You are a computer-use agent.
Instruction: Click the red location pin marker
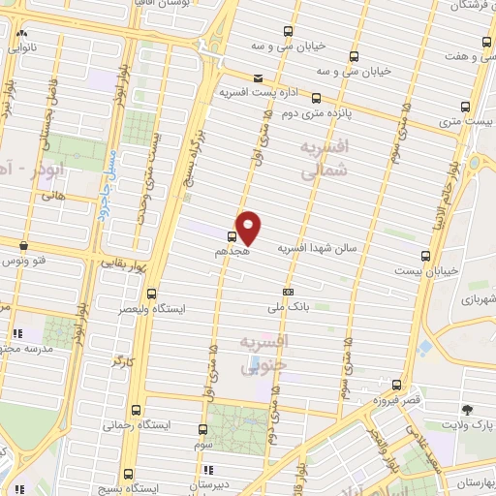click(x=249, y=227)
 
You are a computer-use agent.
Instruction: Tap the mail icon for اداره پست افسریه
click(x=257, y=78)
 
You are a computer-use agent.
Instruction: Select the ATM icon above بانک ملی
click(x=288, y=292)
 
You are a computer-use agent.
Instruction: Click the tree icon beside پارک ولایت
click(x=468, y=410)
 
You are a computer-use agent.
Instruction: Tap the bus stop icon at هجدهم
click(x=232, y=235)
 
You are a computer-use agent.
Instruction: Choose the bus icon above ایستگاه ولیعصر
click(x=150, y=294)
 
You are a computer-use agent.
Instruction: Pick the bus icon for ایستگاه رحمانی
click(x=135, y=409)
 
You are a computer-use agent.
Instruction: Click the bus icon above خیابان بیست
click(x=426, y=256)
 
